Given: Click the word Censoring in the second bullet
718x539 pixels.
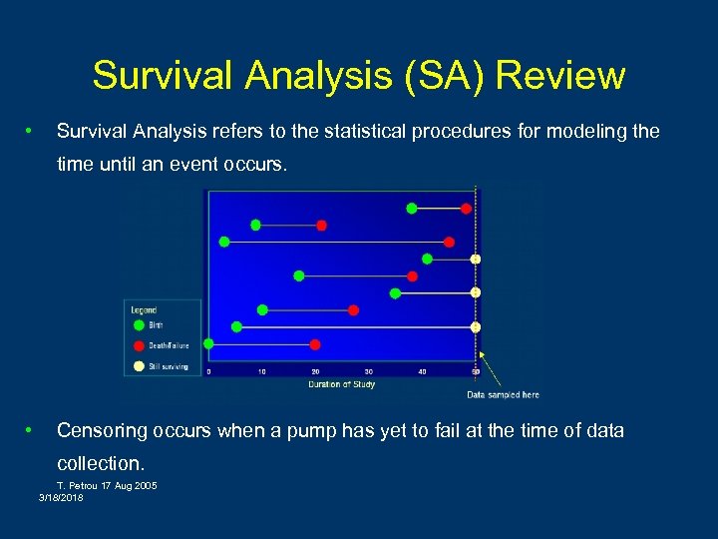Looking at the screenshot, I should coord(104,430).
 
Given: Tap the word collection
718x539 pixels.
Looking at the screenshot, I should coord(101,463).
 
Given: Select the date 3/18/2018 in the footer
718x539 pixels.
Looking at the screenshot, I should coord(61,497).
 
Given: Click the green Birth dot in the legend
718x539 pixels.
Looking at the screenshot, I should coord(138,324).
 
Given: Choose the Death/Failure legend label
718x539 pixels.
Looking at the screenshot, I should coord(169,345).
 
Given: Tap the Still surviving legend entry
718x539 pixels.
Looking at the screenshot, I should coord(169,366).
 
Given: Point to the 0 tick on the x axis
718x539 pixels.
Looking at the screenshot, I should coord(208,372).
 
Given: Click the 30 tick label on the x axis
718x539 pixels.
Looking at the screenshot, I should coord(369,372).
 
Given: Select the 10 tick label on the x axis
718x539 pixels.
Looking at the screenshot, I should coord(262,372).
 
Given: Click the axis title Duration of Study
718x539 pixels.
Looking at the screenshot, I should coord(342,384).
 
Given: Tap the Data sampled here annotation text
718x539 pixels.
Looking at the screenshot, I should coord(503,395).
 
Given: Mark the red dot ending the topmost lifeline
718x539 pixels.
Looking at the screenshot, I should coord(466,208).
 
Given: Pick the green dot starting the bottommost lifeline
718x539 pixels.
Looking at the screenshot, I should coord(208,344).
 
